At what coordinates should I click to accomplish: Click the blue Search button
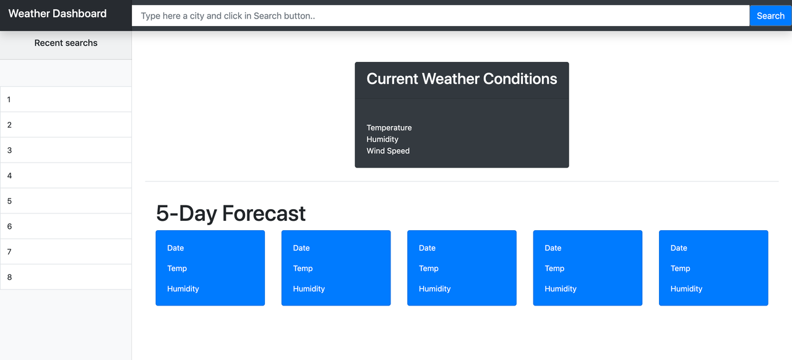[x=770, y=16]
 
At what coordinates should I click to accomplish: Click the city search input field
[x=440, y=16]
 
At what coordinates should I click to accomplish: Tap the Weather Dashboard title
[x=58, y=14]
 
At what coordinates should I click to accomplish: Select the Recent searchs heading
[x=66, y=43]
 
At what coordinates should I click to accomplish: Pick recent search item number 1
[x=66, y=100]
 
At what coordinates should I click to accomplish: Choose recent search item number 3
[x=66, y=150]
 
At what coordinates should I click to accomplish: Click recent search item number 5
[x=66, y=201]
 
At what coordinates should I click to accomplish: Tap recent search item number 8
[x=66, y=277]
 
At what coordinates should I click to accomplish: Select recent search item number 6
[x=66, y=226]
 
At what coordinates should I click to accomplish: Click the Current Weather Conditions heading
[x=462, y=79]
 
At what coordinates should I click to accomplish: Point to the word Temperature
[x=389, y=128]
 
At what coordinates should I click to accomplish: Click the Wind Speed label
[x=388, y=151]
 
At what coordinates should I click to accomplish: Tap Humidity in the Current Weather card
[x=382, y=139]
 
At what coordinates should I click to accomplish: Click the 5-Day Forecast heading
[x=231, y=213]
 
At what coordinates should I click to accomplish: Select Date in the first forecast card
[x=176, y=248]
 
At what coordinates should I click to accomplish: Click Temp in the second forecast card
[x=303, y=268]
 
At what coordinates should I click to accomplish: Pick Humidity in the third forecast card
[x=434, y=289]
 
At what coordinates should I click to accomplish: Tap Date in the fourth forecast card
[x=553, y=248]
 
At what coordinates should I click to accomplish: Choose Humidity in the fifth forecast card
[x=686, y=289]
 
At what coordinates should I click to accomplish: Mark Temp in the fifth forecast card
[x=680, y=268]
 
